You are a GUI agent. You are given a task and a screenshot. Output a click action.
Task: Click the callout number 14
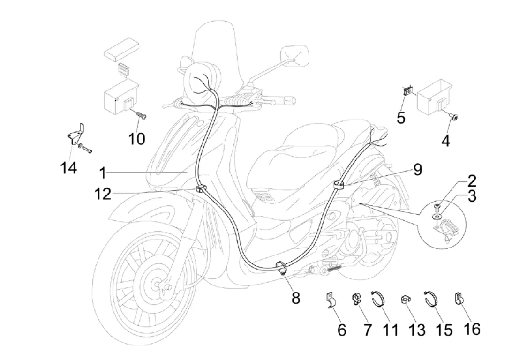pyautogui.click(x=69, y=167)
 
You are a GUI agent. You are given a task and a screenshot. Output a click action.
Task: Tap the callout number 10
pyautogui.click(x=137, y=138)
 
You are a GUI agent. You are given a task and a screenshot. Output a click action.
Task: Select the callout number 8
pyautogui.click(x=296, y=297)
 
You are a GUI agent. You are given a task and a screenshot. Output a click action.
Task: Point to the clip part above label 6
pyautogui.click(x=332, y=300)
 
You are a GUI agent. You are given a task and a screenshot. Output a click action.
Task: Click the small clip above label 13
pyautogui.click(x=406, y=300)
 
